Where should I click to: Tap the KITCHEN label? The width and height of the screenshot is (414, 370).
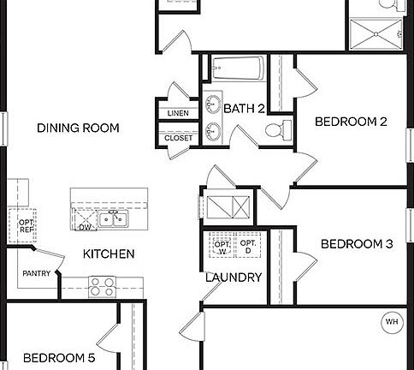[108, 254]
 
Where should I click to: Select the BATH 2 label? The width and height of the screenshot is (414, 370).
[245, 108]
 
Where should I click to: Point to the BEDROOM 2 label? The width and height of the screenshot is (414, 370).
[352, 122]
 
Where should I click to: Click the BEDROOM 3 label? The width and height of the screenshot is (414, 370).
[357, 244]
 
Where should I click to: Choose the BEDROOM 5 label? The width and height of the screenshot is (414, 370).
[59, 357]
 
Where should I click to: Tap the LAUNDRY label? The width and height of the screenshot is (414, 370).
[234, 277]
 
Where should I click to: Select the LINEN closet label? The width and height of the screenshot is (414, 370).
[178, 113]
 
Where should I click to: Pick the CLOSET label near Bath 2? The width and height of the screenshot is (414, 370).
[178, 137]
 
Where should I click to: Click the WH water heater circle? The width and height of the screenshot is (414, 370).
[392, 322]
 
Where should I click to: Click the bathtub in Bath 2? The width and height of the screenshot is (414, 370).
[234, 68]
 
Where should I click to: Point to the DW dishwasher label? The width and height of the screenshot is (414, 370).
[85, 228]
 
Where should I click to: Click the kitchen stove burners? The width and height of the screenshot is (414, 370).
[103, 285]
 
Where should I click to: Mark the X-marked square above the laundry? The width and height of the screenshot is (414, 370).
[228, 206]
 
